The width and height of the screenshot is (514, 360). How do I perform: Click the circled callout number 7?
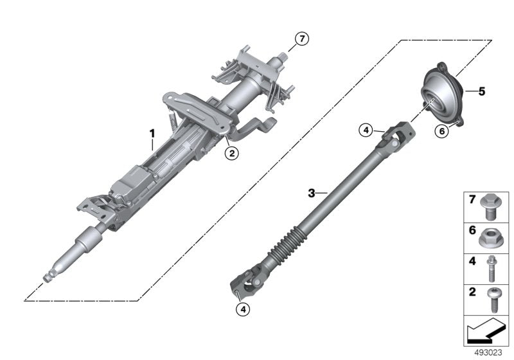point(301,39)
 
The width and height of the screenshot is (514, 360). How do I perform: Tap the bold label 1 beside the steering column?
point(152,134)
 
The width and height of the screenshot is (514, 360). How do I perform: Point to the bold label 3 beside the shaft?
point(312,192)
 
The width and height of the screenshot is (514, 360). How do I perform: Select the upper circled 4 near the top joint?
point(366,130)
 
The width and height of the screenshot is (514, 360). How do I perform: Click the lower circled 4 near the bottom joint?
point(243,309)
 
